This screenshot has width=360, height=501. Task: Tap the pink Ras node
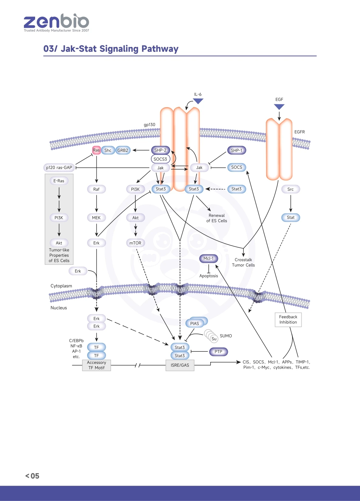(96, 150)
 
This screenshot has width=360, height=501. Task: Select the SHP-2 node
(161, 150)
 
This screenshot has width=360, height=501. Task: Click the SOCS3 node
(160, 159)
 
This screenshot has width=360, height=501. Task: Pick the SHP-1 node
(236, 150)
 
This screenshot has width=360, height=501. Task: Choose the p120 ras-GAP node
(59, 167)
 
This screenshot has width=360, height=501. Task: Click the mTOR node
(135, 243)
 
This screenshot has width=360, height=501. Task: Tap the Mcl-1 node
(208, 258)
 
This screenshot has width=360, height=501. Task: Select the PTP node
(219, 352)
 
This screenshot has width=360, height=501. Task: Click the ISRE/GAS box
(180, 365)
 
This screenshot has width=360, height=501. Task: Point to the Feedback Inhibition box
(288, 320)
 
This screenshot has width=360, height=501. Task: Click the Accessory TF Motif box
(96, 365)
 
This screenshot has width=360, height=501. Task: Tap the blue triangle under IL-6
(198, 101)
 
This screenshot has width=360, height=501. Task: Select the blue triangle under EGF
(279, 107)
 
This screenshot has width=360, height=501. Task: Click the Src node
(291, 189)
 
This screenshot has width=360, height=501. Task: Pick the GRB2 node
(123, 150)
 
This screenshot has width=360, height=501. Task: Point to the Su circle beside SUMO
(214, 339)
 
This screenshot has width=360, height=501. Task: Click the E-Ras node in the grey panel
(59, 181)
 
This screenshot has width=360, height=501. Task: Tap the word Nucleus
(59, 308)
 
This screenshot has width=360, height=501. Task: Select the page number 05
(35, 476)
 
